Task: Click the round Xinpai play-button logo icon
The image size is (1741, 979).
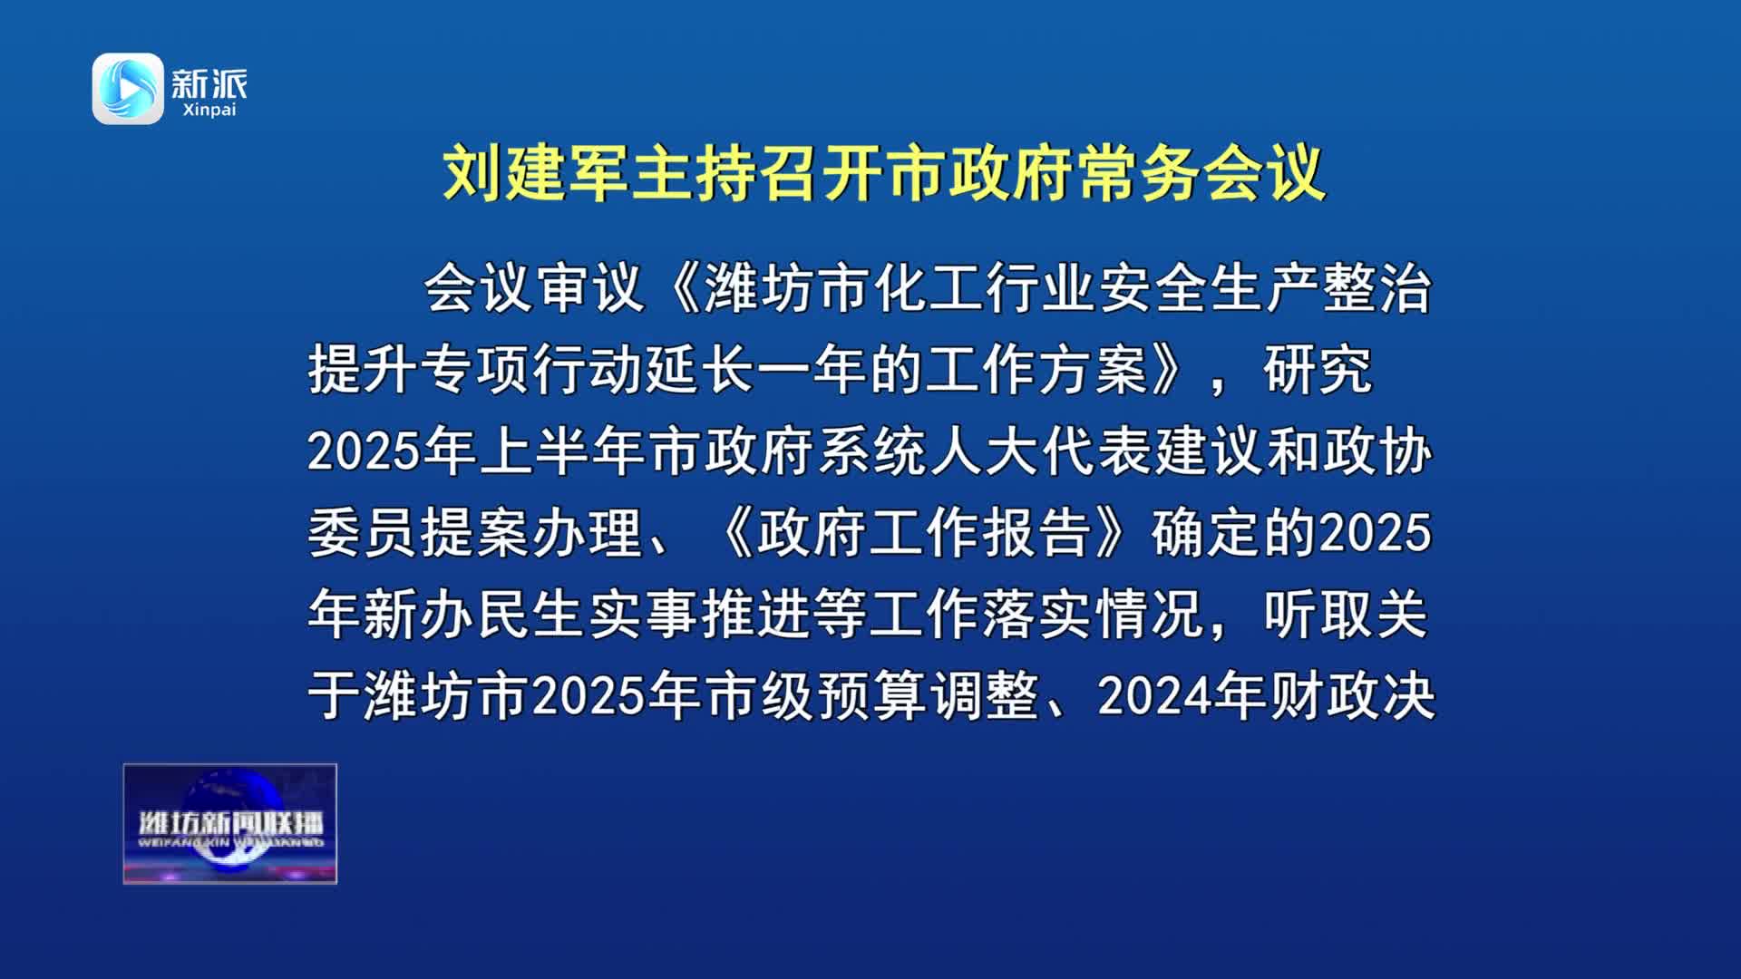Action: (128, 89)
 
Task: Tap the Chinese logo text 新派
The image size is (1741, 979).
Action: (209, 84)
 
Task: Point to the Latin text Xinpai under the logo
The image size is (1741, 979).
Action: (209, 110)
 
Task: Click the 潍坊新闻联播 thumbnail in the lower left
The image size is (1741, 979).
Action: (230, 824)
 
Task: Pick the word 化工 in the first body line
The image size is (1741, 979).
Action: (930, 289)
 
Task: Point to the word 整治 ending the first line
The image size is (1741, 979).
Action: (1377, 289)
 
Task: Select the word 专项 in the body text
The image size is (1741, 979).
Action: (475, 370)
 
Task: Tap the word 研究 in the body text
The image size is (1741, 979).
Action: (1318, 370)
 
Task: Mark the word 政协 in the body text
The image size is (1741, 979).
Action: (1377, 451)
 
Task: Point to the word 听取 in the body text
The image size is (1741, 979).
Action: (1318, 614)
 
